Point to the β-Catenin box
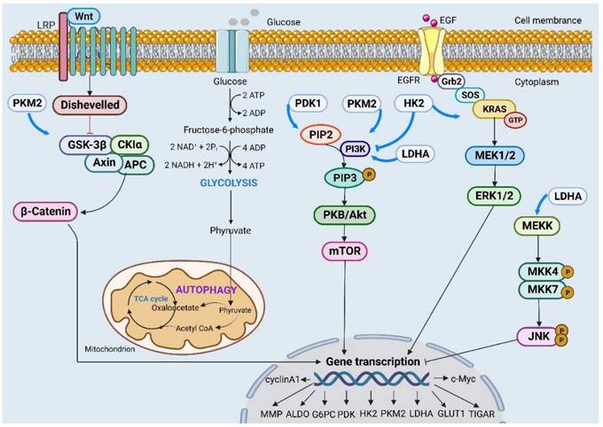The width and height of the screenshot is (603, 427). (x=46, y=211)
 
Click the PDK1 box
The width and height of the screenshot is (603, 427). (x=309, y=105)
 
